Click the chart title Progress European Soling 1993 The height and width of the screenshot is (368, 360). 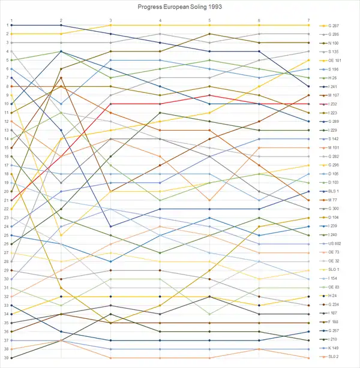pos(180,7)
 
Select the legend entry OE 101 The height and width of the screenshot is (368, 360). pos(334,61)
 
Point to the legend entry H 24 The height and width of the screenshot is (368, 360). pos(332,296)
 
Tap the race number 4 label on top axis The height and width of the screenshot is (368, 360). pos(160,20)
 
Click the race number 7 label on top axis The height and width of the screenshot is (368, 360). pos(308,20)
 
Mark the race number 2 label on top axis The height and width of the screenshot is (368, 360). pos(61,20)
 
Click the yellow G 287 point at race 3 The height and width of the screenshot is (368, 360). pos(110,25)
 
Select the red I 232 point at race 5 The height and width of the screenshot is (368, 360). pos(209,95)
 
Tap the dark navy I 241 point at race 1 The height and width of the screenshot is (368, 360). pos(12,25)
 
